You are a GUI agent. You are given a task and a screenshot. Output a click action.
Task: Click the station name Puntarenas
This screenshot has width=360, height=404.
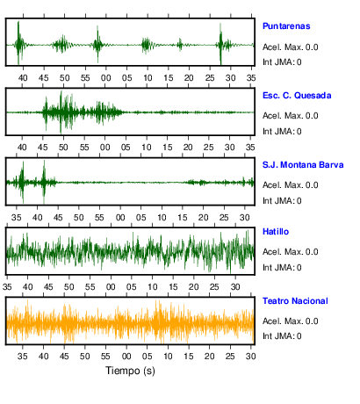(x=286, y=26)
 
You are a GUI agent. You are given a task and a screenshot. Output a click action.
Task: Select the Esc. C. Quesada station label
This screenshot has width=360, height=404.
(x=297, y=96)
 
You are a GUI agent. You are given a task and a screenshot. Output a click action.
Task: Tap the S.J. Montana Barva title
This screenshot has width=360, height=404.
(x=303, y=165)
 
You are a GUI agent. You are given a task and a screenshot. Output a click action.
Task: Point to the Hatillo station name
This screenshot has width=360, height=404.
(x=276, y=232)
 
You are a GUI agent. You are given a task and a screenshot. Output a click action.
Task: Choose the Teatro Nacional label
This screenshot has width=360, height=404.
(x=295, y=301)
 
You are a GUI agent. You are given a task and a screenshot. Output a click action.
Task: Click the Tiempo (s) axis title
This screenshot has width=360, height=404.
(x=130, y=371)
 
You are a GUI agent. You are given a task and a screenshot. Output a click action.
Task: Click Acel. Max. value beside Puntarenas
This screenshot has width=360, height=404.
(x=291, y=47)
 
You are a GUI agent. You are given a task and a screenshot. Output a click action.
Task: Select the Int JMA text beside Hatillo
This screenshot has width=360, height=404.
(x=282, y=268)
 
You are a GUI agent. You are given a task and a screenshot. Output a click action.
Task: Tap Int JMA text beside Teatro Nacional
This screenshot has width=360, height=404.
(x=282, y=335)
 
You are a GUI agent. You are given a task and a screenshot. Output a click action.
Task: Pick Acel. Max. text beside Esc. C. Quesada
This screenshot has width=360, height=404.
(x=291, y=116)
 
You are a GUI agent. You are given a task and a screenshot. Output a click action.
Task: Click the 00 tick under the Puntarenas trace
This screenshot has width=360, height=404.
(x=106, y=78)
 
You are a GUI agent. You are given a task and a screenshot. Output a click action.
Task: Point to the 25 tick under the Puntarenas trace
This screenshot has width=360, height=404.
(x=210, y=78)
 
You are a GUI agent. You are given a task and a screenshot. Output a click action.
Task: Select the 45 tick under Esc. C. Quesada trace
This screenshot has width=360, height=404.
(x=43, y=148)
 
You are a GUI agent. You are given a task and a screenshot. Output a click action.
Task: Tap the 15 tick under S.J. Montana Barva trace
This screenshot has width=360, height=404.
(x=183, y=218)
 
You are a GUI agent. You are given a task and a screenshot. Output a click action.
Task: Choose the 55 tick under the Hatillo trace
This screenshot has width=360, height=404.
(x=90, y=287)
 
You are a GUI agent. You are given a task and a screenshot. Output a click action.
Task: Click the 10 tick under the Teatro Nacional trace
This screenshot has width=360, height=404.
(x=168, y=357)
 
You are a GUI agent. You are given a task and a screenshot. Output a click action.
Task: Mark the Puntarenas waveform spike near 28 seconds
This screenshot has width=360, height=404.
(x=220, y=44)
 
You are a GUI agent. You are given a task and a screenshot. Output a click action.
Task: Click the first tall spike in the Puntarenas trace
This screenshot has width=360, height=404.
(x=18, y=43)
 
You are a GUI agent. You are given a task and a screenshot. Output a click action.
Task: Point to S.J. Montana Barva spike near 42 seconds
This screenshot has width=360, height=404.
(x=44, y=182)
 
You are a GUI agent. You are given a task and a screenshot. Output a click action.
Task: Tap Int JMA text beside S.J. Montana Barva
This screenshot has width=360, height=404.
(x=282, y=201)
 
